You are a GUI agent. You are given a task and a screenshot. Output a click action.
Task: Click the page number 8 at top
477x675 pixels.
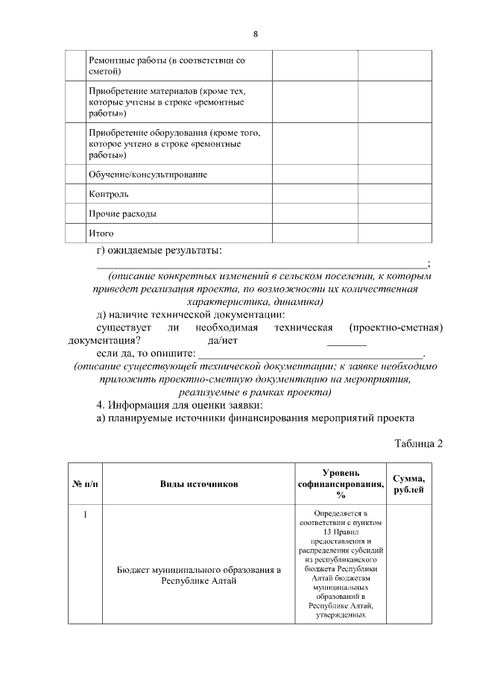(255, 34)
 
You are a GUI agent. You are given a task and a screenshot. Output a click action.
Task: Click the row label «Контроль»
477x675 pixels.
(108, 194)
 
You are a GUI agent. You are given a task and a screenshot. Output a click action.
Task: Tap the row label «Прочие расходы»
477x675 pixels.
(122, 214)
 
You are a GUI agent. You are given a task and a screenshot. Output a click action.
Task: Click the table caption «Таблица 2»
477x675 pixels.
(418, 444)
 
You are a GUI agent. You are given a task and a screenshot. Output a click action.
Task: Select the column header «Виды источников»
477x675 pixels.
(199, 484)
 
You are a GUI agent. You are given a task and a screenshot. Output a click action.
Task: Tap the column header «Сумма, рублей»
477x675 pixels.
(408, 484)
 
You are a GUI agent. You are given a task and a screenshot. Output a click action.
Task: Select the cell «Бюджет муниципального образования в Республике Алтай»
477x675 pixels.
(199, 576)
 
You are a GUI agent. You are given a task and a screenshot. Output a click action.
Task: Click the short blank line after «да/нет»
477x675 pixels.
(347, 343)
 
